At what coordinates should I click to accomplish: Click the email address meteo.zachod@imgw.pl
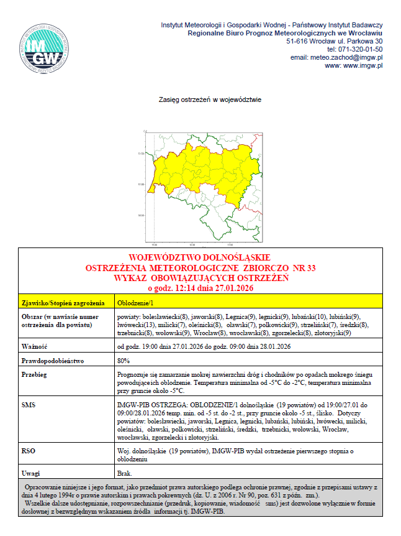(x=336, y=57)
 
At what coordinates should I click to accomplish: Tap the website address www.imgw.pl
(x=354, y=65)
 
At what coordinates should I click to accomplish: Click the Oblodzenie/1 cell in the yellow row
(x=133, y=303)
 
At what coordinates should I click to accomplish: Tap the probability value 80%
(x=123, y=361)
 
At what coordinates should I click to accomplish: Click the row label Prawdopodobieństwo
(x=52, y=361)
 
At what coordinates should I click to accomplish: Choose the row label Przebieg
(x=35, y=375)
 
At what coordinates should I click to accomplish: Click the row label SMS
(x=29, y=404)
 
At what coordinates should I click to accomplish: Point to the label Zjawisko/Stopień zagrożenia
(x=62, y=303)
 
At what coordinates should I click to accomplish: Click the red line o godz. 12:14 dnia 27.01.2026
(x=200, y=288)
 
